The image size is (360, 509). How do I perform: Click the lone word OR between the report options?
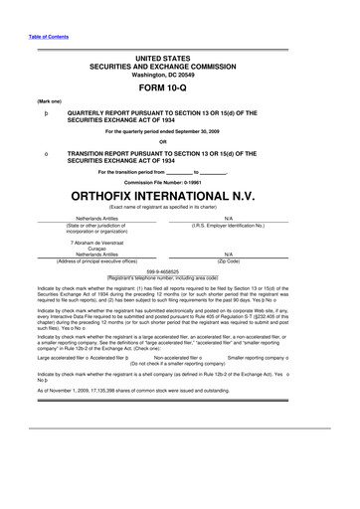pos(180,139)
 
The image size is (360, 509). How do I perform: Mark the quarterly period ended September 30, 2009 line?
pos(180,129)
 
